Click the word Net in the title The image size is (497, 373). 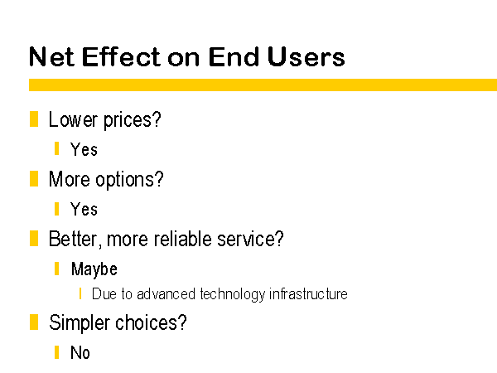(x=52, y=56)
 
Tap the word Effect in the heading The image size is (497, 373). (x=122, y=56)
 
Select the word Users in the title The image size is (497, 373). (x=306, y=56)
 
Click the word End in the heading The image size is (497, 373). (x=234, y=56)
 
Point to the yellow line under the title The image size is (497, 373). (x=263, y=85)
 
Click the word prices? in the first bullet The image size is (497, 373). (x=133, y=120)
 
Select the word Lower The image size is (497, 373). (x=73, y=119)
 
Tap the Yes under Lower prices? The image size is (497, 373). (x=84, y=149)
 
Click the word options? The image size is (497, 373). (x=129, y=180)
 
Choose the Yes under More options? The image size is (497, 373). (x=84, y=209)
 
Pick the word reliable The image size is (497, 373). (x=182, y=239)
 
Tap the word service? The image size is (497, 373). (x=250, y=239)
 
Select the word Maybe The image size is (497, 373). (x=94, y=269)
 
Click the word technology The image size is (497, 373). (x=232, y=294)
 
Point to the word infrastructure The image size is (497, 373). (x=308, y=293)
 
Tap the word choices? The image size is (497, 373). (x=151, y=322)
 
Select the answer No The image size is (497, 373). (x=80, y=353)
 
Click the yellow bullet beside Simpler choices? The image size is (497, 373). (x=34, y=322)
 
